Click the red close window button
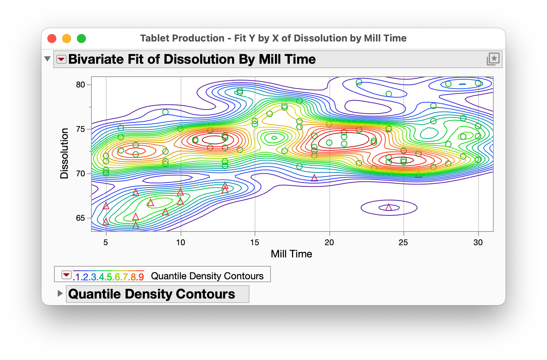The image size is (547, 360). tap(52, 39)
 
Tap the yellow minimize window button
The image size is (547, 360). tap(67, 39)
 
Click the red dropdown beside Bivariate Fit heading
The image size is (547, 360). tap(61, 59)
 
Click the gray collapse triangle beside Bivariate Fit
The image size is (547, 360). tap(47, 59)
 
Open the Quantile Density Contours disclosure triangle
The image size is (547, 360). tap(60, 293)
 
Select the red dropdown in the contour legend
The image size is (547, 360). tap(66, 275)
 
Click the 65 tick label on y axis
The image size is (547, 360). tap(80, 218)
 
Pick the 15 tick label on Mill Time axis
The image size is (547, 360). tap(255, 243)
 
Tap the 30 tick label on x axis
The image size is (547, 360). tap(478, 243)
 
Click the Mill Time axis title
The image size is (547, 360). tap(292, 254)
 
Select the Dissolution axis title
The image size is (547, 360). tap(64, 153)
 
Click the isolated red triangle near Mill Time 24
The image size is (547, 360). tap(389, 207)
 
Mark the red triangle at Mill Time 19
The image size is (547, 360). tap(314, 178)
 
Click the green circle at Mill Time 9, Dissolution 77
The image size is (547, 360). tap(165, 112)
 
